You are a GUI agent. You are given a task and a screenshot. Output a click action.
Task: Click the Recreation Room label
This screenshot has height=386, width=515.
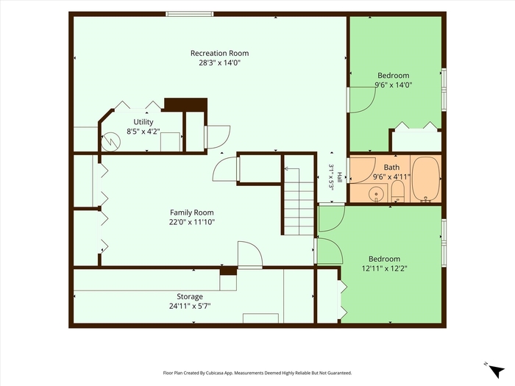coord(219,53)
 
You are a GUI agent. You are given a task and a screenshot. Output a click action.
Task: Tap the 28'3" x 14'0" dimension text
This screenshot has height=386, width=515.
coord(219,62)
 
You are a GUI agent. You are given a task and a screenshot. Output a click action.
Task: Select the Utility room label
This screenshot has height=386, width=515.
coord(143,122)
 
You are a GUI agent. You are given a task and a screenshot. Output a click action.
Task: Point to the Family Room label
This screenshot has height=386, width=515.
coord(192,212)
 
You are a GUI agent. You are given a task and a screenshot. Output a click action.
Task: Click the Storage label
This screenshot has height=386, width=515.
coord(190,297)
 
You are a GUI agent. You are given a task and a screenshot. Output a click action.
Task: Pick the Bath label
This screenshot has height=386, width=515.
coord(391,168)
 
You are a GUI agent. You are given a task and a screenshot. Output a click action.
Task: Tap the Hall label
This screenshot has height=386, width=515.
coord(340,178)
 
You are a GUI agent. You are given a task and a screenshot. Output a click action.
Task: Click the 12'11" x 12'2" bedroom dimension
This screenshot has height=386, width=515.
coord(384,268)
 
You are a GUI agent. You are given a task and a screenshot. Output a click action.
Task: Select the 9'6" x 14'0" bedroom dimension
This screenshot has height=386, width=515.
coord(394,85)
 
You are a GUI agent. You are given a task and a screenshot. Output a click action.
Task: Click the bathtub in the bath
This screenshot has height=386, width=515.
coord(426,179)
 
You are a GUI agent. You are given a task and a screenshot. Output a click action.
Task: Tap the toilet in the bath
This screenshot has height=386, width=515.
coord(397,192)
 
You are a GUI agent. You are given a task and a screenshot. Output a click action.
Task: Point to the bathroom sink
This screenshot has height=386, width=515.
coord(376,194)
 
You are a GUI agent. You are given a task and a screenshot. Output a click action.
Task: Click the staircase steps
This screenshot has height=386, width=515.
coord(299,202)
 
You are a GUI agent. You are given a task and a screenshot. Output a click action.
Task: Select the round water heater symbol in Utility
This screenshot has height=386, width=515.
coord(110,142)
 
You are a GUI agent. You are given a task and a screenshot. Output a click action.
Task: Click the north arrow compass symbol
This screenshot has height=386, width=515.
coord(496,371)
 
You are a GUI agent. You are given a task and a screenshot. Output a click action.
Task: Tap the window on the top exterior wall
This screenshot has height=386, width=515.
coord(190,14)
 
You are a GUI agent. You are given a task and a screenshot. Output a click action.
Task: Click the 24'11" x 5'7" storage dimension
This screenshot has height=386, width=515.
coord(190,307)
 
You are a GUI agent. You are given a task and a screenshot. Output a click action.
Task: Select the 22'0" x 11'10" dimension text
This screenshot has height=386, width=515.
coord(192,222)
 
